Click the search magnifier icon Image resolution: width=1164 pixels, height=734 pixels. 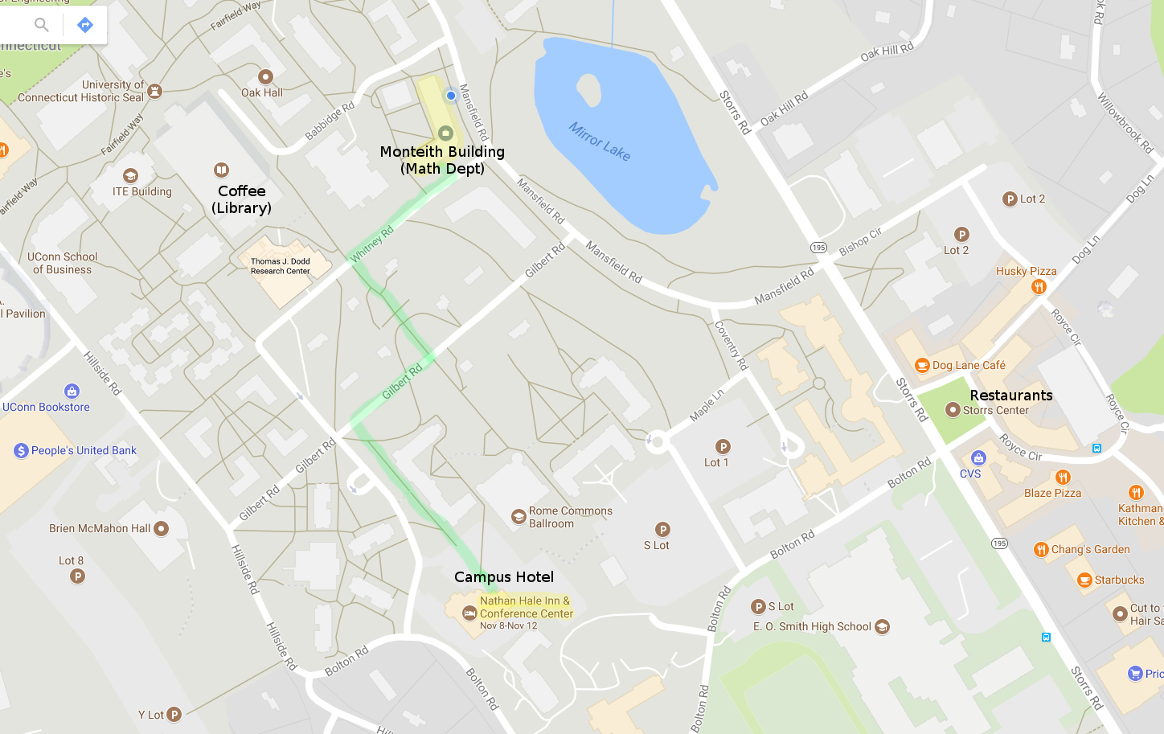pyautogui.click(x=42, y=25)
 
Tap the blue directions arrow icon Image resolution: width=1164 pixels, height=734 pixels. pyautogui.click(x=85, y=25)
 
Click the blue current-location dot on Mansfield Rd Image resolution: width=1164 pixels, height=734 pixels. pyautogui.click(x=451, y=96)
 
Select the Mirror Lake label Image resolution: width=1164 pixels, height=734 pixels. pyautogui.click(x=599, y=141)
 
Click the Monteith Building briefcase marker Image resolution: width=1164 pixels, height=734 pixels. pyautogui.click(x=445, y=133)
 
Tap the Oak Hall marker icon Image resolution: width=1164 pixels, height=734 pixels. pyautogui.click(x=265, y=76)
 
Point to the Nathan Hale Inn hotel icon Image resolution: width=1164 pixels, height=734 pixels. pyautogui.click(x=469, y=613)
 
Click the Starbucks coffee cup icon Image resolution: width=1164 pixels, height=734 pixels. pyautogui.click(x=1084, y=580)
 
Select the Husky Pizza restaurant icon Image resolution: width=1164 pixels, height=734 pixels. pyautogui.click(x=1039, y=287)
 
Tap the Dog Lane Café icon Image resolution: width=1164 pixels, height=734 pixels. pyautogui.click(x=922, y=365)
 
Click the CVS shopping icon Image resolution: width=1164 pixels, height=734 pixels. pyautogui.click(x=978, y=458)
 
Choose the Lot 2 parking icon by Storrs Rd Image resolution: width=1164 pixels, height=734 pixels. pyautogui.click(x=1010, y=199)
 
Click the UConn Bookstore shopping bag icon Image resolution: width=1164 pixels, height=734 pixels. pyautogui.click(x=72, y=392)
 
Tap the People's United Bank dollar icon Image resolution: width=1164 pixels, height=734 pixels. pyautogui.click(x=22, y=451)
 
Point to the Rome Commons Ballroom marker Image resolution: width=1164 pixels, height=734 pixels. pyautogui.click(x=518, y=517)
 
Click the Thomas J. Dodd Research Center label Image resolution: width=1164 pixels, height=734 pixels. pyautogui.click(x=280, y=266)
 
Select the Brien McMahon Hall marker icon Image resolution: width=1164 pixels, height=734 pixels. pyautogui.click(x=161, y=528)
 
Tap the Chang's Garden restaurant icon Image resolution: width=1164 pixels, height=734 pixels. pyautogui.click(x=1041, y=550)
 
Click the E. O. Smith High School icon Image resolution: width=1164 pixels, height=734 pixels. pyautogui.click(x=882, y=627)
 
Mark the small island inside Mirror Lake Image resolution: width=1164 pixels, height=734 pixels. pyautogui.click(x=588, y=90)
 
